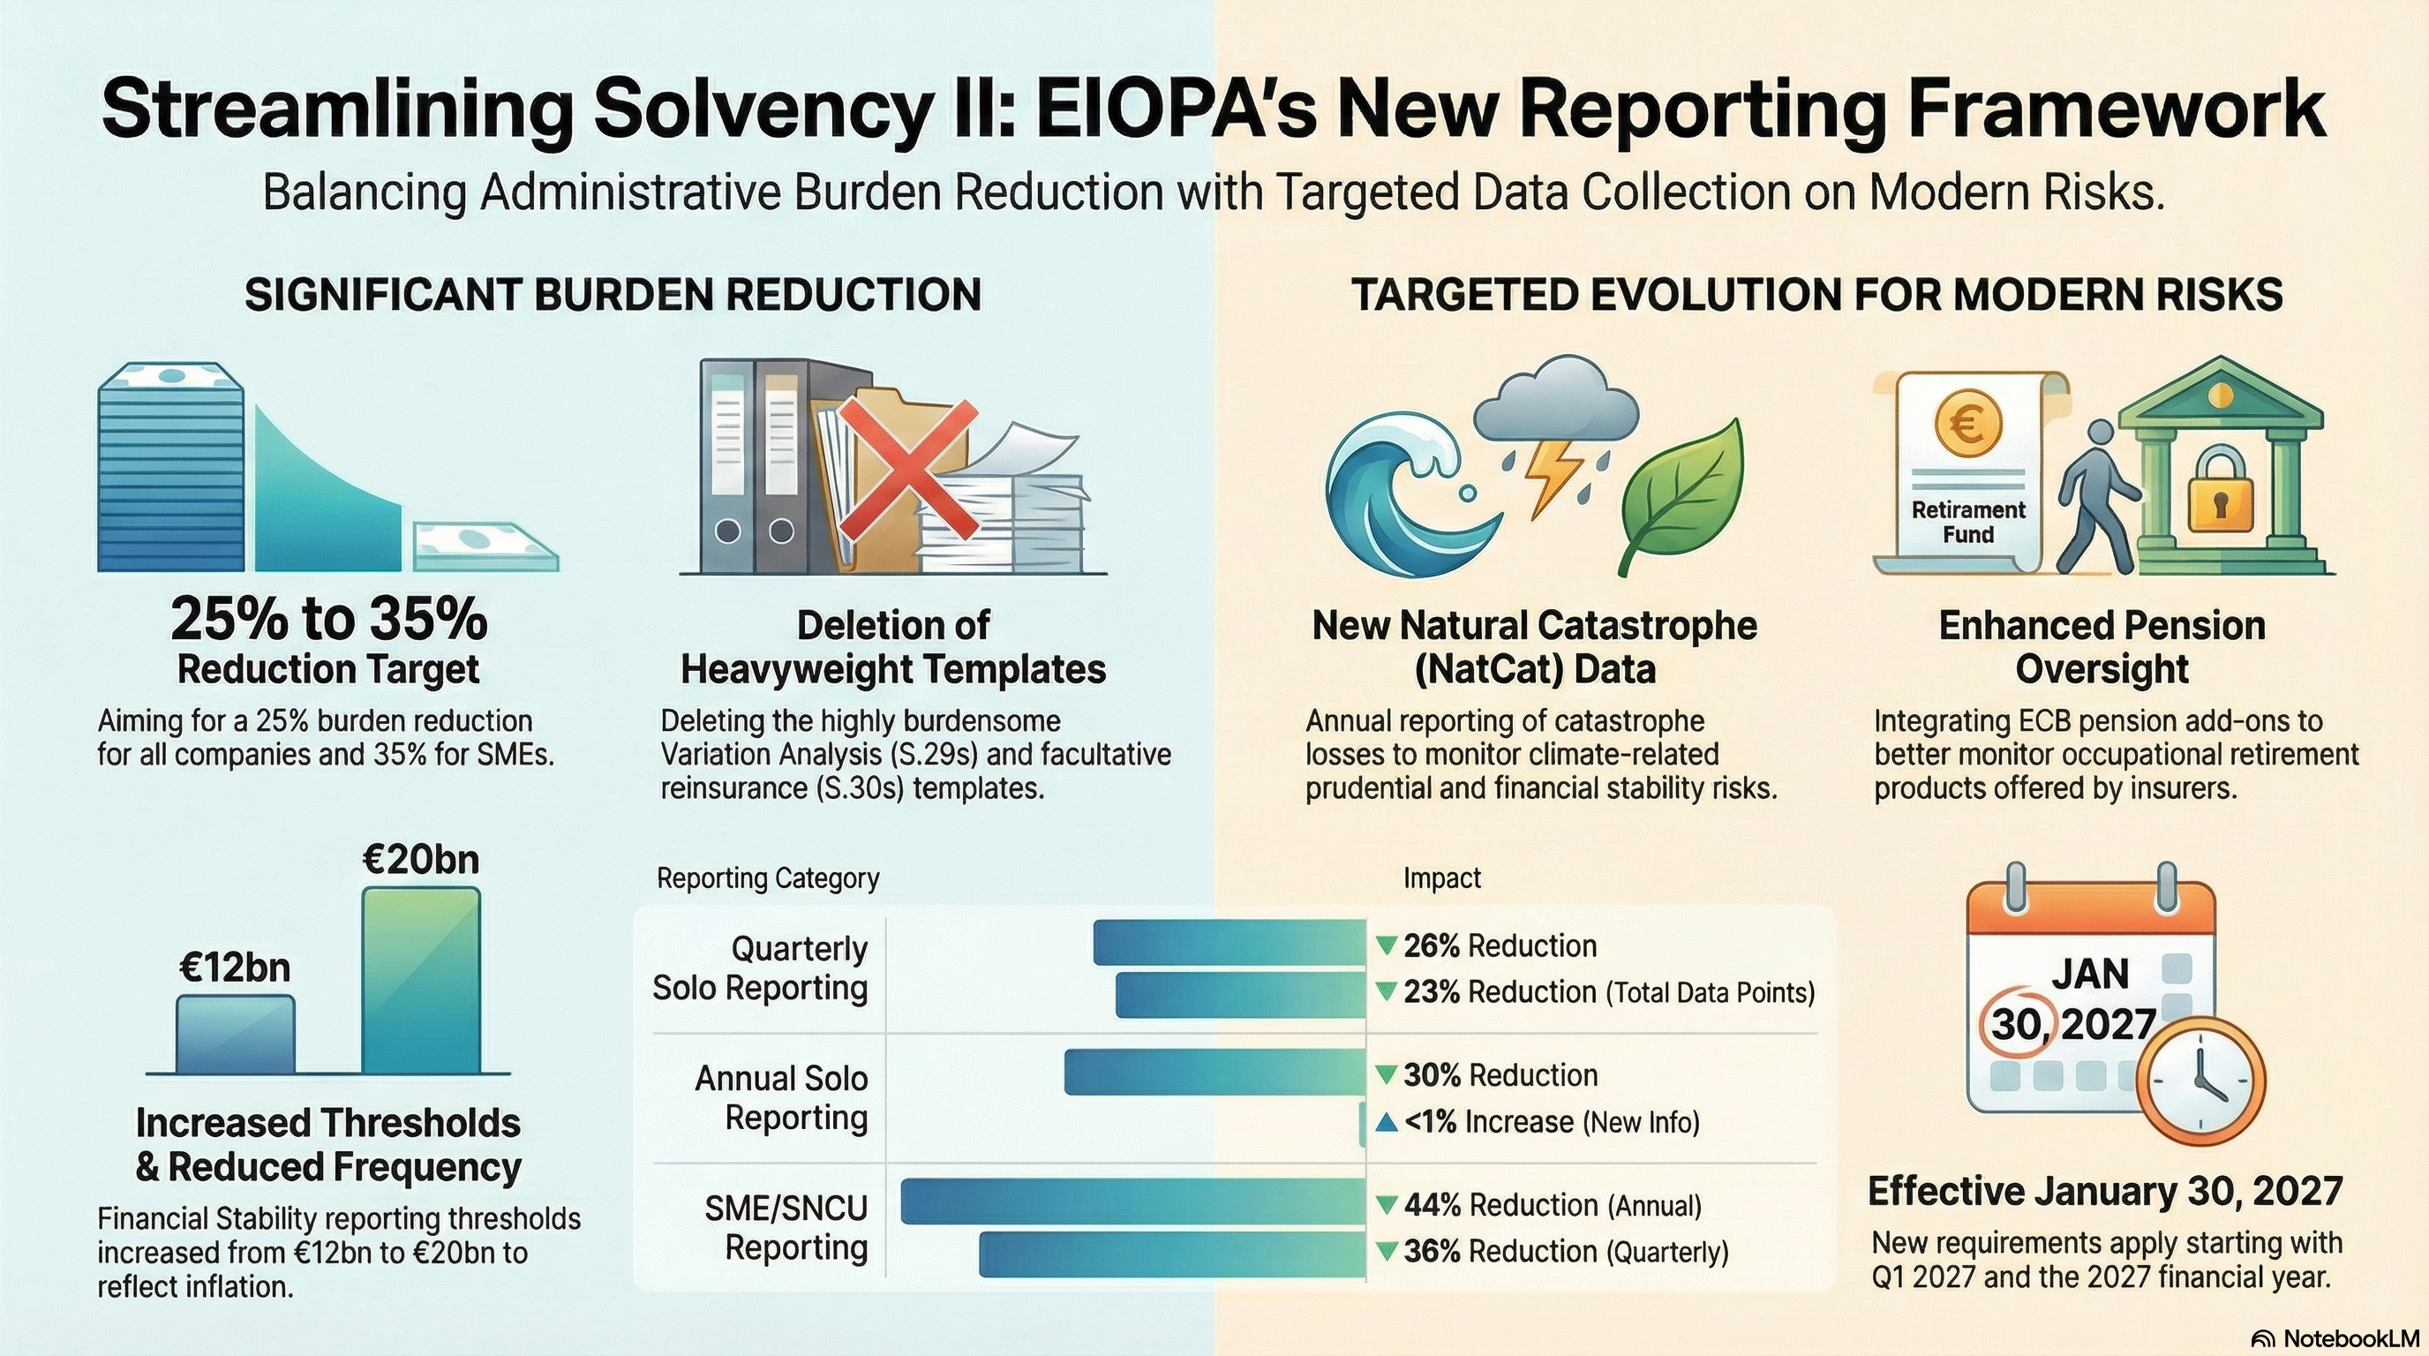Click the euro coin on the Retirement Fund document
[1968, 425]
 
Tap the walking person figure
[2097, 495]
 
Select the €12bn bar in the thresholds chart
[235, 1034]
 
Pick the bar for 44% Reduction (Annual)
[1132, 1202]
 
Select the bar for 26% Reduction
[1229, 943]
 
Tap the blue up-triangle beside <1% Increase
[1386, 1122]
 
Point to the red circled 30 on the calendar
[2016, 1023]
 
